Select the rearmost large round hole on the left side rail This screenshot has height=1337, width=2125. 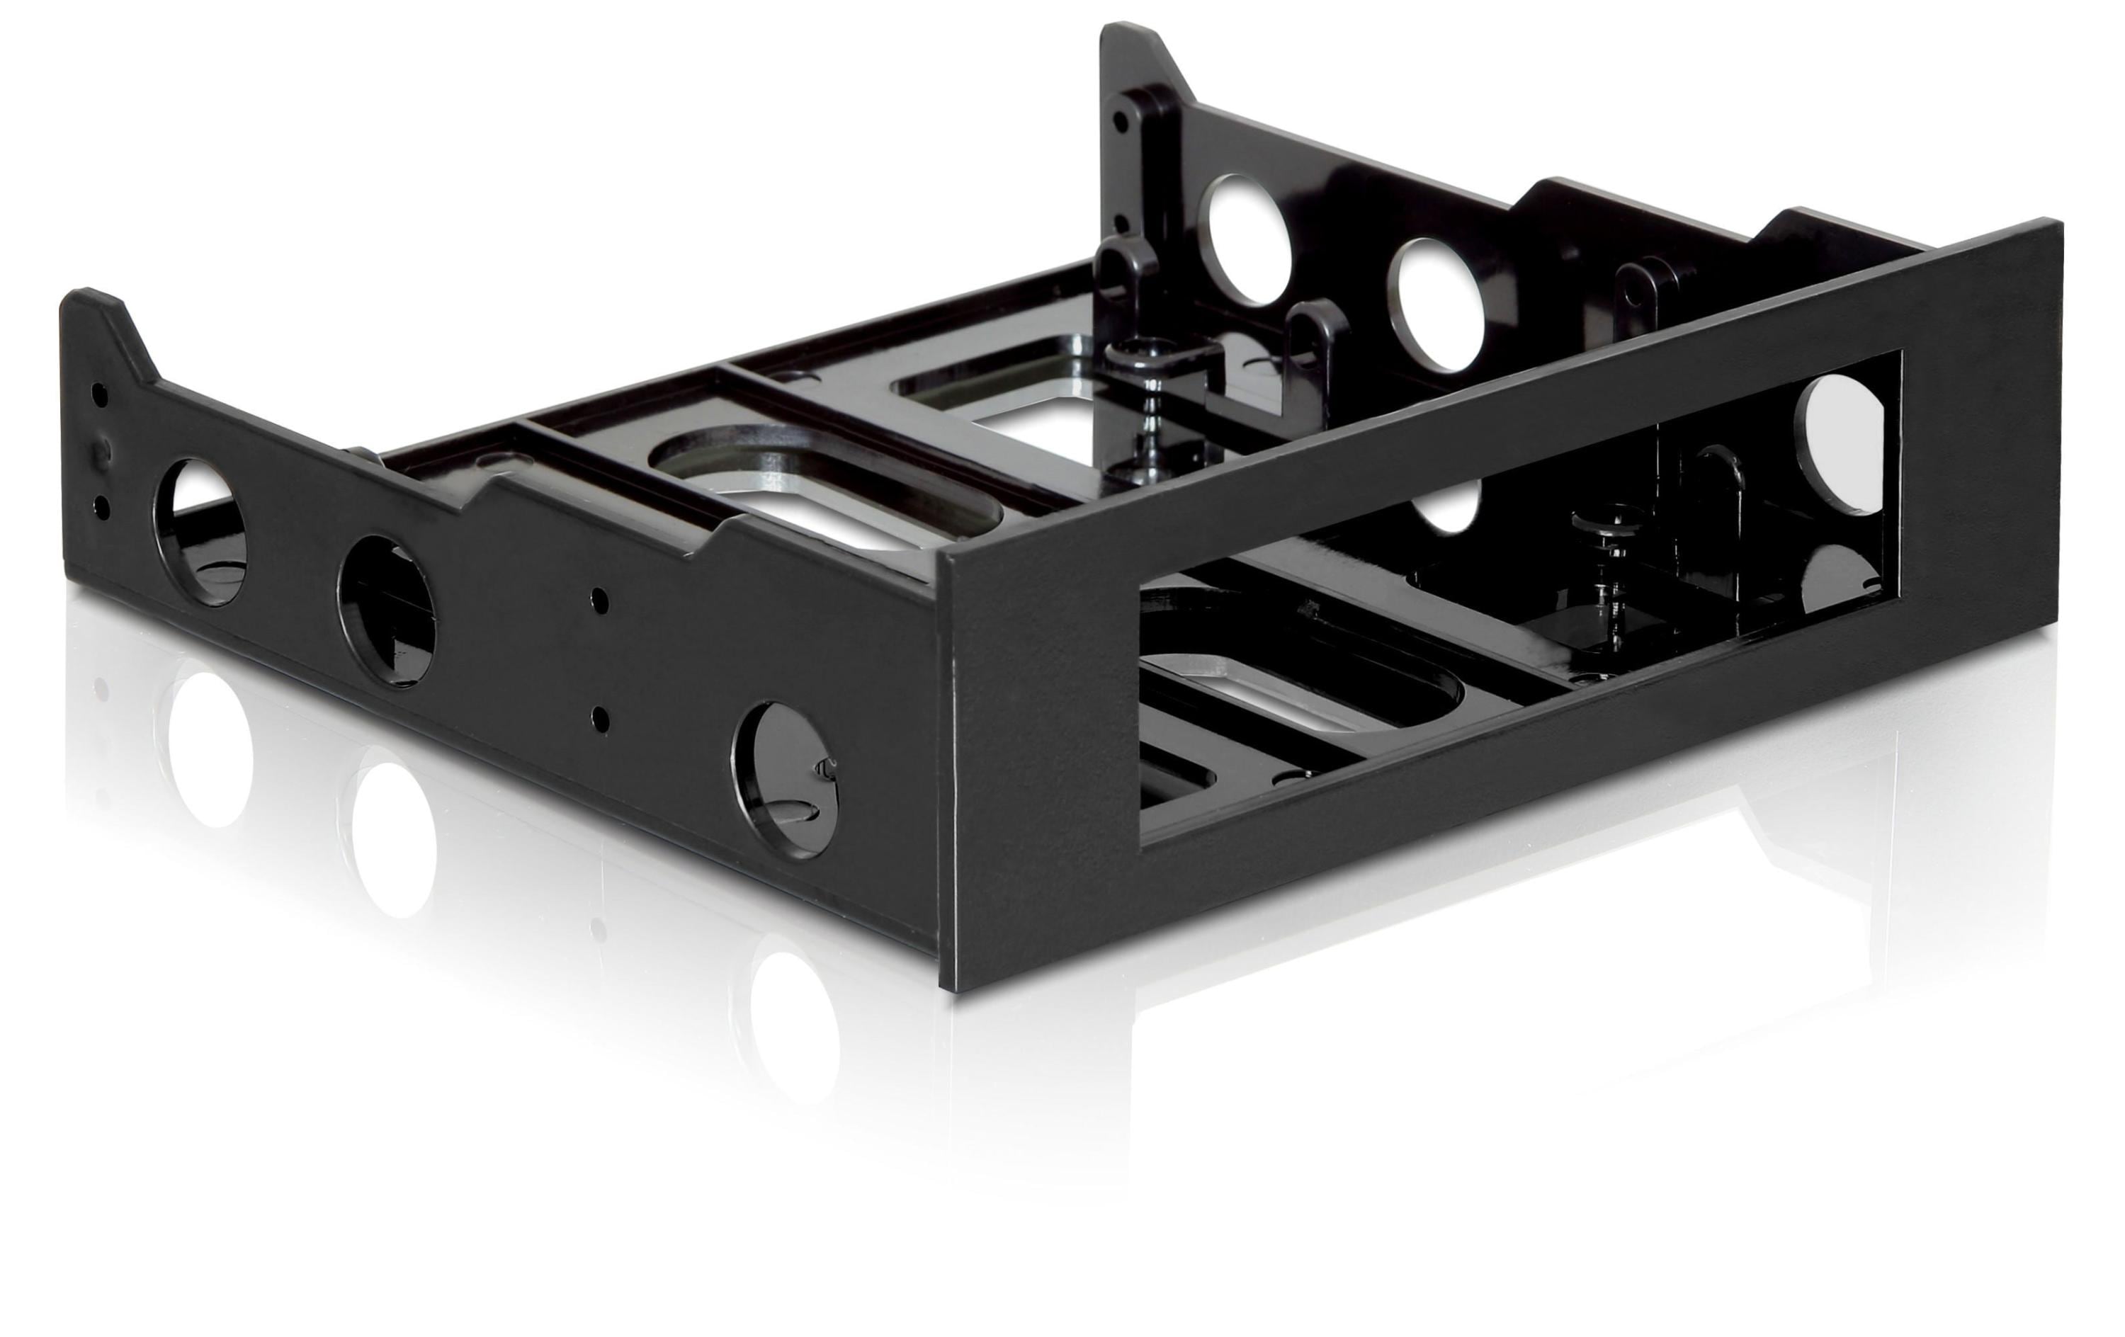point(201,530)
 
